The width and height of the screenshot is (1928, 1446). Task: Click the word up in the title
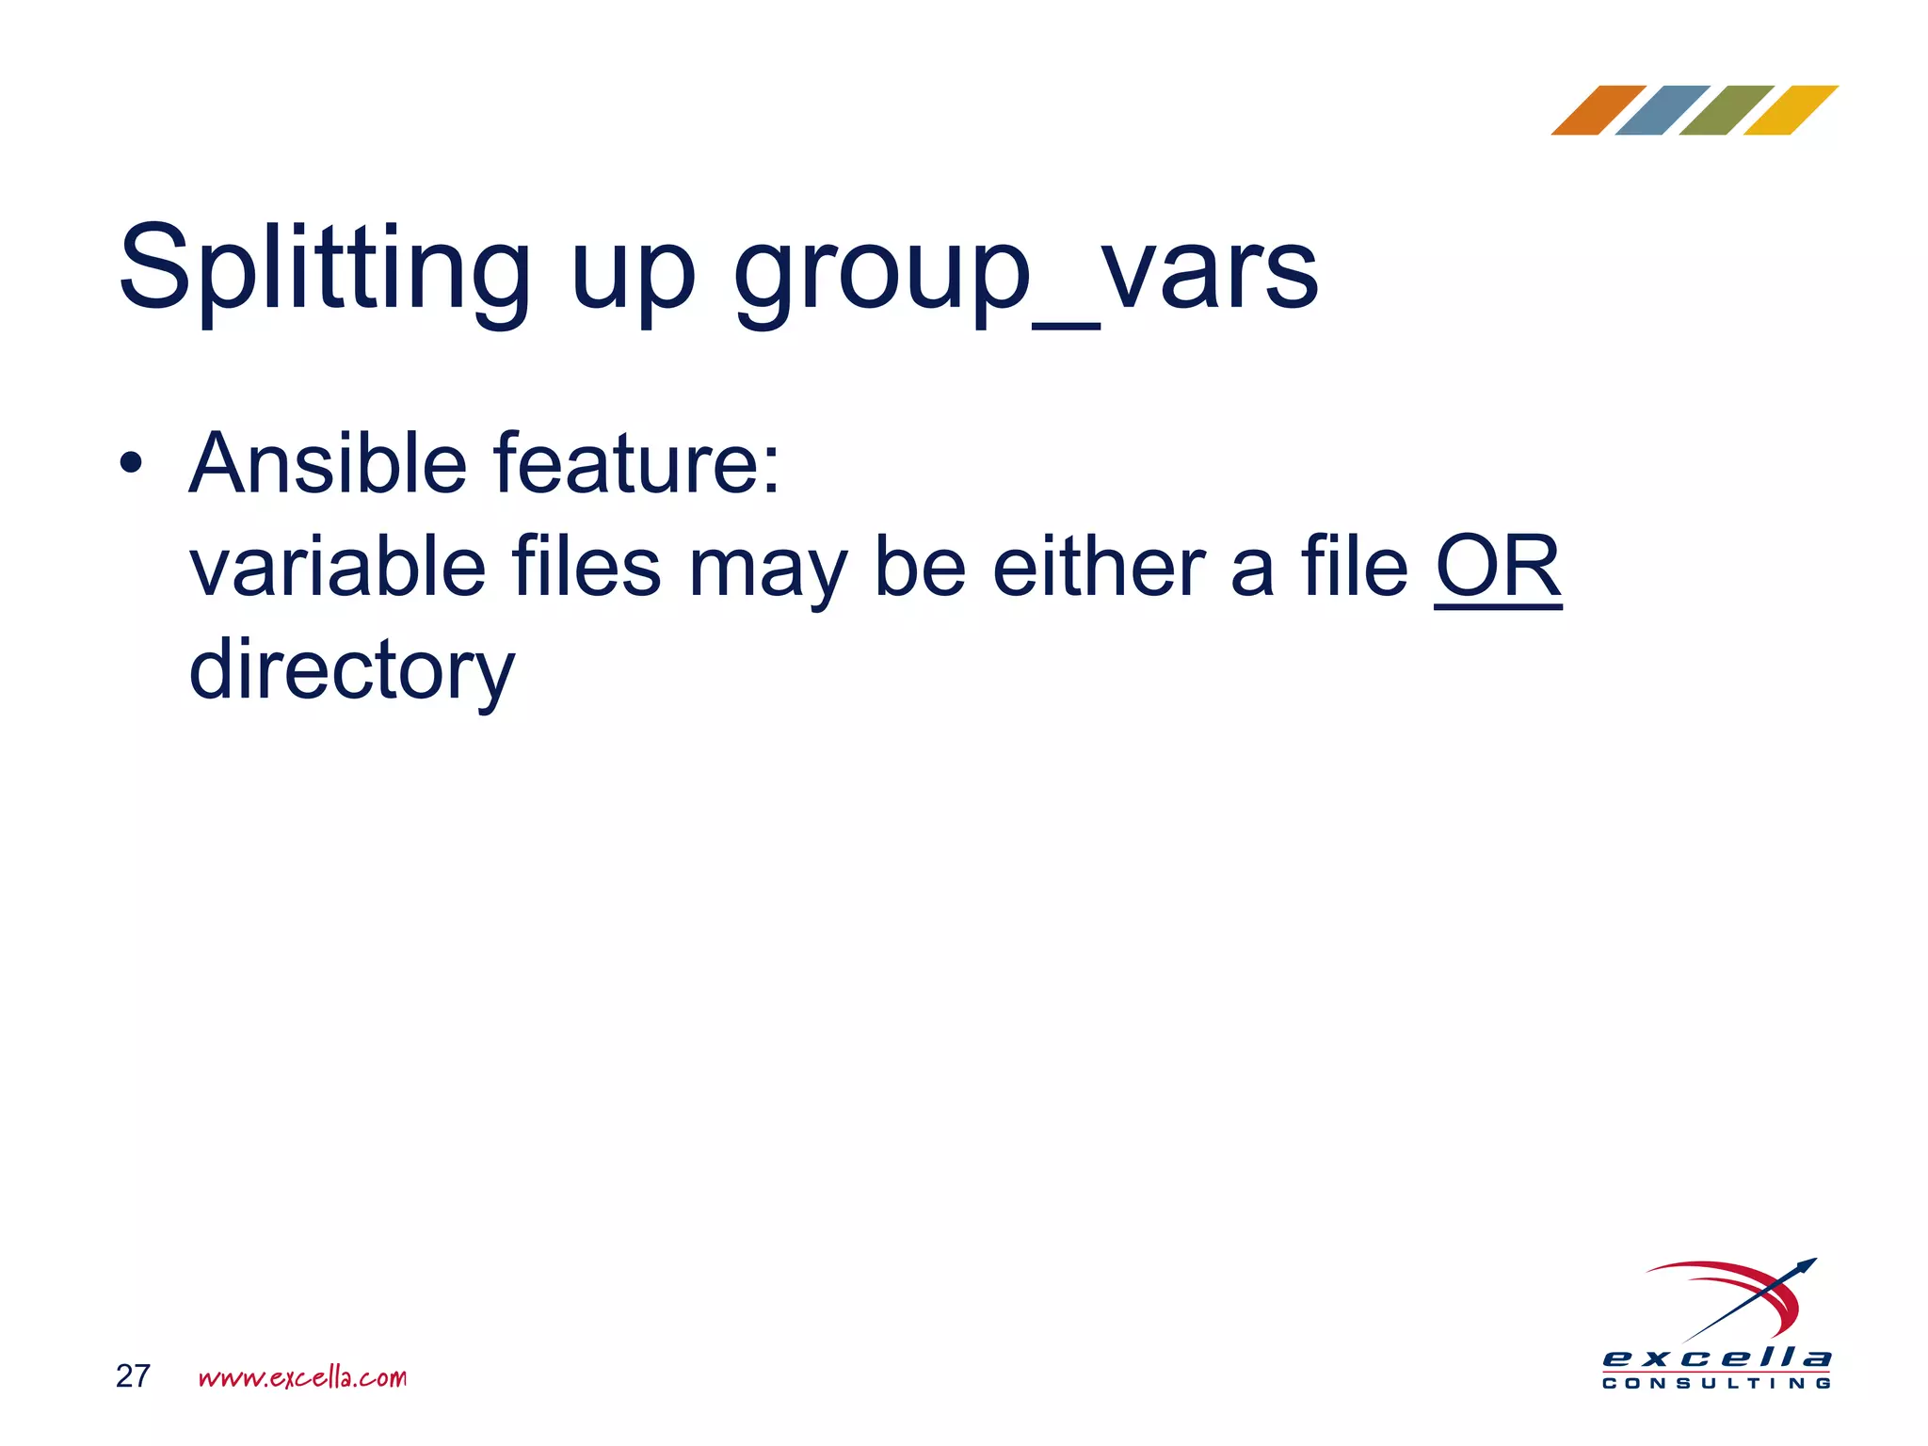point(633,278)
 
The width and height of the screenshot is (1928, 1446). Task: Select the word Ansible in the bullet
point(328,463)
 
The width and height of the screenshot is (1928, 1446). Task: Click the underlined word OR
point(1497,567)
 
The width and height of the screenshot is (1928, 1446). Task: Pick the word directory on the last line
point(352,670)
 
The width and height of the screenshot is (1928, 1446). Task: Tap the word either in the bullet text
point(1099,567)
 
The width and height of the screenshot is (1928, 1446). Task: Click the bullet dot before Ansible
point(131,463)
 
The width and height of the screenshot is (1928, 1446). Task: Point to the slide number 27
point(133,1376)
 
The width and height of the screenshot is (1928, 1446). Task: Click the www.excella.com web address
point(302,1377)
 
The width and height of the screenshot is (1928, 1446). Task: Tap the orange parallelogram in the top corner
point(1598,110)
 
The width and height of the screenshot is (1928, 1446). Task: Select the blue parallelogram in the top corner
point(1662,110)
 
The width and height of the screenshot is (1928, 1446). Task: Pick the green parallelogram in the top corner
point(1726,110)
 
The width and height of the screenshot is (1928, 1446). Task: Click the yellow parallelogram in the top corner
point(1790,110)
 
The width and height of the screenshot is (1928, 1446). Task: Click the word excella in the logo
point(1716,1358)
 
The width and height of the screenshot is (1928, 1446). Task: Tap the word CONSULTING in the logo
point(1716,1384)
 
